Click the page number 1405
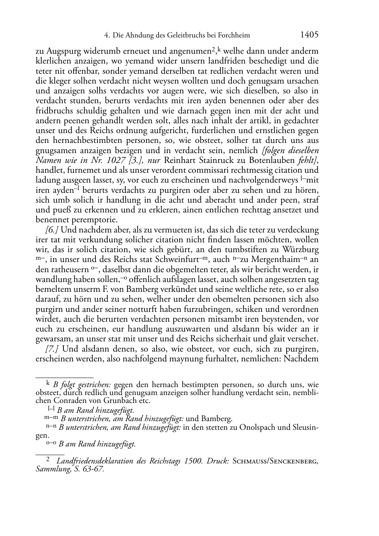click(x=309, y=35)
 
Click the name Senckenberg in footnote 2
click(x=293, y=461)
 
